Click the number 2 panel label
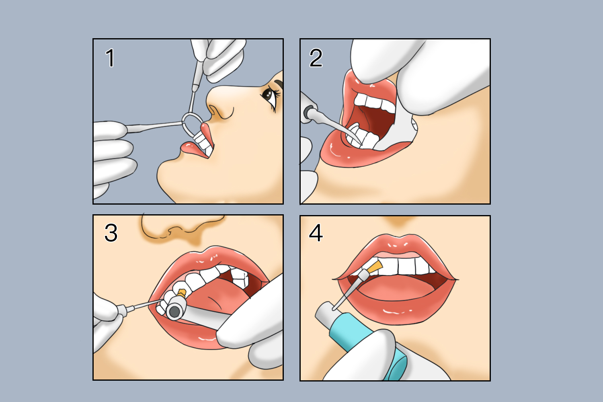pos(316,57)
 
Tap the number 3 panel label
pos(111,233)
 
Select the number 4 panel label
pos(316,233)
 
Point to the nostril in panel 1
pos(213,110)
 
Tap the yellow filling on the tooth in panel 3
pos(182,293)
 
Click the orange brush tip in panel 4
pos(375,266)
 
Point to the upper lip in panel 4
pos(396,246)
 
